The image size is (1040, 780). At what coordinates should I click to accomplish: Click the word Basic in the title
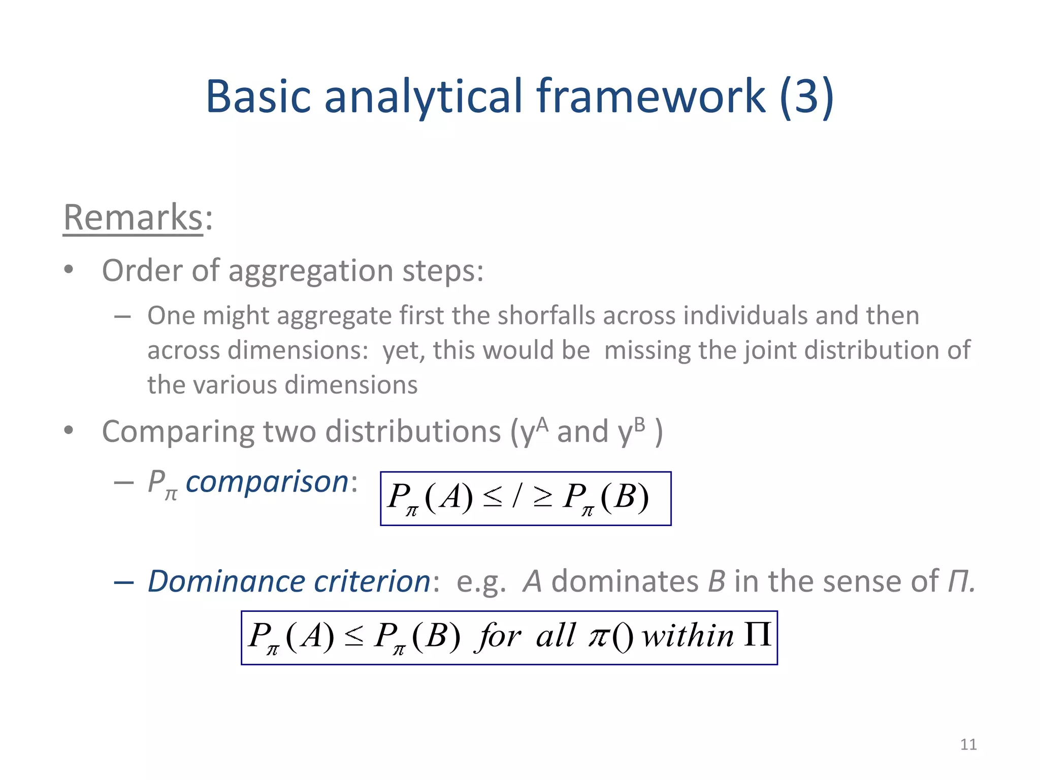pos(258,96)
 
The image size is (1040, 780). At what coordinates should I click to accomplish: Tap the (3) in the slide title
pos(806,96)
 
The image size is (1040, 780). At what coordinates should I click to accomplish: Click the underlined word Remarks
pos(133,217)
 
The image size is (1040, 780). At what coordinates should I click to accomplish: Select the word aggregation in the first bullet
pos(311,271)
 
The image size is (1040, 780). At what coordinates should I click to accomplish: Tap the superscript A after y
pos(542,424)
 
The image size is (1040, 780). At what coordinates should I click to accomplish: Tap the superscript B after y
pos(639,424)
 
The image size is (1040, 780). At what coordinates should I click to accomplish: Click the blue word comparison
pos(267,481)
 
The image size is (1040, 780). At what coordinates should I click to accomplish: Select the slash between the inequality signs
pos(517,497)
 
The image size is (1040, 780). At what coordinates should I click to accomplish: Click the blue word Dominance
pos(226,581)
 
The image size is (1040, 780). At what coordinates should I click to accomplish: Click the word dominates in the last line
pos(625,581)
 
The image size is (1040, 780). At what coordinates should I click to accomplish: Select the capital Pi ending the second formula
pos(757,635)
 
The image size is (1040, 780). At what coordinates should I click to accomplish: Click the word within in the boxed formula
pos(688,636)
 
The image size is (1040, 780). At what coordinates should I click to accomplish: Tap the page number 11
pos(968,744)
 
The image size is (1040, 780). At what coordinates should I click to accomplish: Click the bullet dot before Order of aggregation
pos(69,270)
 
